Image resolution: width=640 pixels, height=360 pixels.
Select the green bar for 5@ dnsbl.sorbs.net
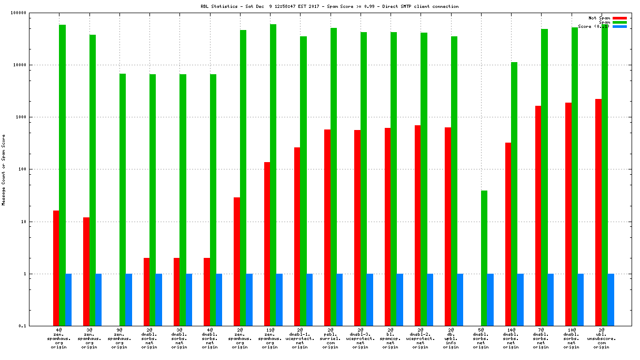coord(484,258)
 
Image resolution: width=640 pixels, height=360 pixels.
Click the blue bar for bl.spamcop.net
coord(400,299)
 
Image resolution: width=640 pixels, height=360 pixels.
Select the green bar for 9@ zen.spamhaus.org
coord(123,199)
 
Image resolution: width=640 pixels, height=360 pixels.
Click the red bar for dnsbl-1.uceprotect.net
coord(297,236)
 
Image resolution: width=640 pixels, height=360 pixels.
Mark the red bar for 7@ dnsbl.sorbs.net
coord(538,216)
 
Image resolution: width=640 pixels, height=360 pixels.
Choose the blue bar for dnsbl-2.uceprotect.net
coord(430,299)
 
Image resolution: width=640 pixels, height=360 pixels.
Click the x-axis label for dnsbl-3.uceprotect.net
coord(361,338)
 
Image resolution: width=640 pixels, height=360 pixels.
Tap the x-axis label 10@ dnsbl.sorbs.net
coord(571,338)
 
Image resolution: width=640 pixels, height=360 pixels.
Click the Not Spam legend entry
coord(599,18)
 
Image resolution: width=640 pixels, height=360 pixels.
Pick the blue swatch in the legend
coord(619,26)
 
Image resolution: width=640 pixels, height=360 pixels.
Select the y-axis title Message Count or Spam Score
coord(4,169)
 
